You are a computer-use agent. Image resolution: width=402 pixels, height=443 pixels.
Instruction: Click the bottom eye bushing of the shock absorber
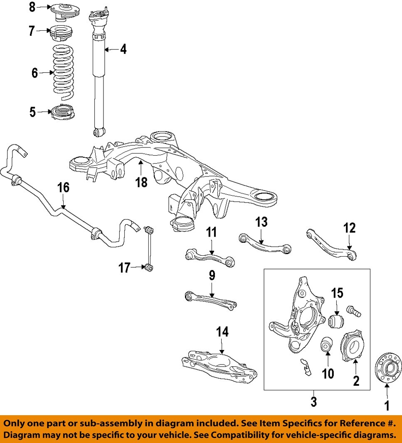point(98,132)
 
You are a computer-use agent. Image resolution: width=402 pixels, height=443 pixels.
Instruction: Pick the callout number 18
point(141,182)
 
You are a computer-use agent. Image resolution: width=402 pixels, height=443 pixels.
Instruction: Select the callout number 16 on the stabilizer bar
point(63,188)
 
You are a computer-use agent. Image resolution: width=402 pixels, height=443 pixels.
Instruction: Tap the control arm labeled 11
point(210,256)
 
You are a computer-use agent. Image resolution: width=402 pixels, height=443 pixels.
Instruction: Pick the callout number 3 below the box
point(314,401)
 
